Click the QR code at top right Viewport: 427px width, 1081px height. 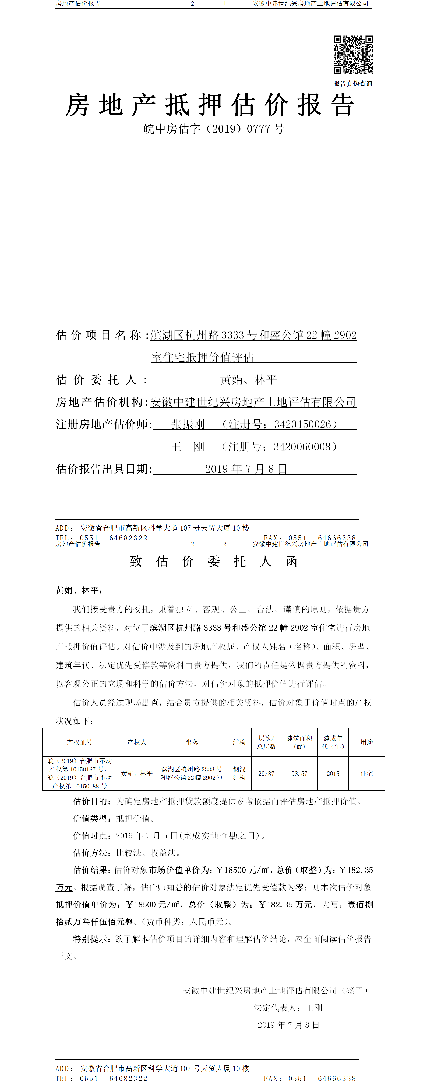[353, 55]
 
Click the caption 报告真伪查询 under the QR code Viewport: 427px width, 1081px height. [353, 84]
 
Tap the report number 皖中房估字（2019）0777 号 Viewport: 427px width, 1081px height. [213, 129]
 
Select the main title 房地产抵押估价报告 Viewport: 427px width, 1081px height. [210, 105]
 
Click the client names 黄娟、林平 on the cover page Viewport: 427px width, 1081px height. [249, 380]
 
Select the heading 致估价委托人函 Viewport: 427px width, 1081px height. [213, 561]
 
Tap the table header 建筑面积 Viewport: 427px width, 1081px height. [299, 742]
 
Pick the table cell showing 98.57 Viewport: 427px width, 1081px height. [299, 773]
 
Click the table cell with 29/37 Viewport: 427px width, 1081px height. [266, 773]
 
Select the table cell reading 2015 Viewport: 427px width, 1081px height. [333, 773]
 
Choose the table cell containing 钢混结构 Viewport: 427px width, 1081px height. [239, 773]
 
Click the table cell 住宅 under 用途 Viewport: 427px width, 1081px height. [366, 773]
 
